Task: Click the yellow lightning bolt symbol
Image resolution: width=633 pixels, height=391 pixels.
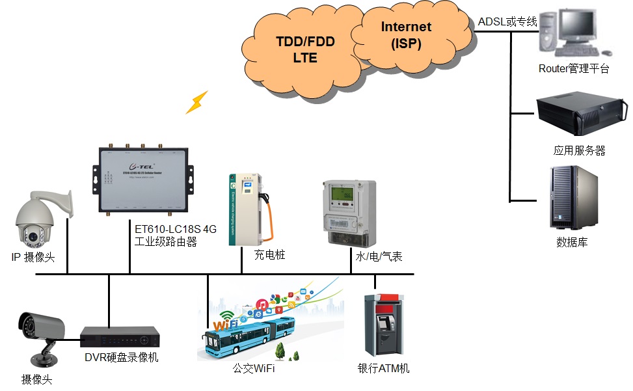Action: (x=196, y=102)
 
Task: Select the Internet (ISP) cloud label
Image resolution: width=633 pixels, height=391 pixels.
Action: (x=406, y=35)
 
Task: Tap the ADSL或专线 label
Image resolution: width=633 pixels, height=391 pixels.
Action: (x=507, y=22)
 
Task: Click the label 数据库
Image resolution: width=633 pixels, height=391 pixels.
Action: (x=572, y=243)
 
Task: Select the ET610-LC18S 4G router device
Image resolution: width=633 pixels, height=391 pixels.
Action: (x=144, y=179)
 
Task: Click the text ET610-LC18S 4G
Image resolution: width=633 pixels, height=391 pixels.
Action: (x=174, y=229)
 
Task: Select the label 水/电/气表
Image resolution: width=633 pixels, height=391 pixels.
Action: (x=379, y=256)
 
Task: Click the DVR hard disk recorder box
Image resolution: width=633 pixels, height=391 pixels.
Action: (x=120, y=336)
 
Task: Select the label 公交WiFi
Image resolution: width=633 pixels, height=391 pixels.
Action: (x=254, y=369)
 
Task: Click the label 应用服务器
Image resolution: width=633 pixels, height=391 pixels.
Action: (x=580, y=151)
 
